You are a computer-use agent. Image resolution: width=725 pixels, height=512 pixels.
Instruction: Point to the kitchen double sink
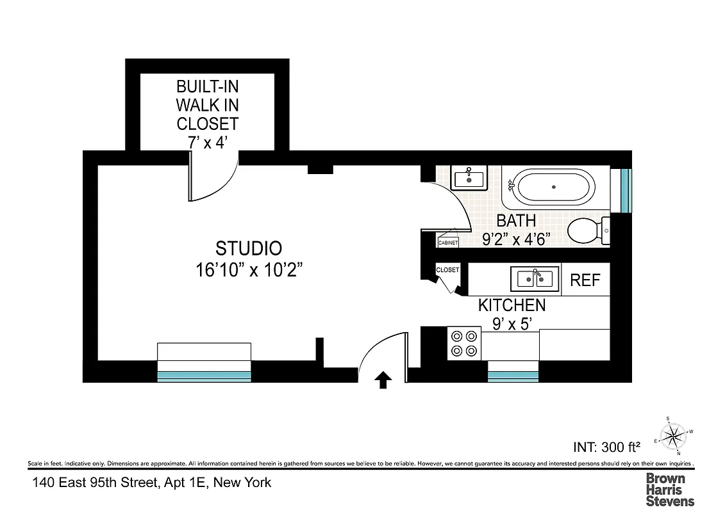click(x=535, y=278)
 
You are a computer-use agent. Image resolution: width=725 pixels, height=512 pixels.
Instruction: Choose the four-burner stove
click(x=463, y=342)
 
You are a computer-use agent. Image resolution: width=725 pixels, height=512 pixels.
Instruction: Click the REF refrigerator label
click(x=585, y=280)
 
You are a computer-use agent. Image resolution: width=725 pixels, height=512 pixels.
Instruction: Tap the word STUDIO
click(x=249, y=248)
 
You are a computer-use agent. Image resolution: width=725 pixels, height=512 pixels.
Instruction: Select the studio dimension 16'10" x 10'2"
click(x=249, y=270)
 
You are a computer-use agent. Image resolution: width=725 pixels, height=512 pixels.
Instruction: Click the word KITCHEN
click(x=512, y=305)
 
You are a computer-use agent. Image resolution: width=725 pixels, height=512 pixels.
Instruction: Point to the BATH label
click(x=516, y=221)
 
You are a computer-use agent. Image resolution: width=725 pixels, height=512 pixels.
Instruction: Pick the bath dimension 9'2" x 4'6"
click(x=516, y=239)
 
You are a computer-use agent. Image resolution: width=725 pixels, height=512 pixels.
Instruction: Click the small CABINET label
click(x=447, y=243)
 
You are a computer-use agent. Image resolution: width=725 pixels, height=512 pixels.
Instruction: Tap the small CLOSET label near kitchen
click(x=447, y=270)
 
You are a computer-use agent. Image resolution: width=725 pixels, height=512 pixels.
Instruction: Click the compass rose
click(x=672, y=436)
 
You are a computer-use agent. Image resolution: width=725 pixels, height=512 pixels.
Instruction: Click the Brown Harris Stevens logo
click(x=669, y=489)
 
